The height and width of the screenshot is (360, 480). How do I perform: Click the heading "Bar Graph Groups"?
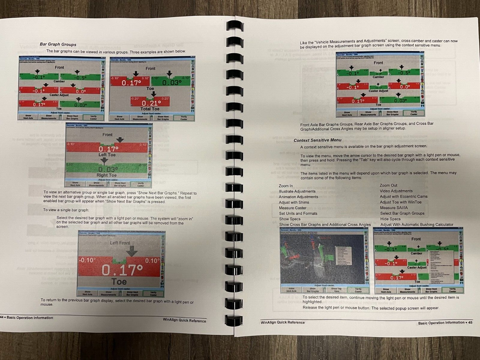58,44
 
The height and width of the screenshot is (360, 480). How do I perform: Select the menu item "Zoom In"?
287,185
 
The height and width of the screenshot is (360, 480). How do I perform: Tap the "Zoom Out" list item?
388,185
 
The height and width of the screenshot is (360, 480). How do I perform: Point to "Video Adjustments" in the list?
396,191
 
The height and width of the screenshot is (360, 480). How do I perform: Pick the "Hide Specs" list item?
390,219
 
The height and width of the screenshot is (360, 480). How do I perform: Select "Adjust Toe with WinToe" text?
401,202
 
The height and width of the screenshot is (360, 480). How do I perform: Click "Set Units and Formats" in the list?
298,213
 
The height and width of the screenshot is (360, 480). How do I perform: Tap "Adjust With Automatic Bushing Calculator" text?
416,225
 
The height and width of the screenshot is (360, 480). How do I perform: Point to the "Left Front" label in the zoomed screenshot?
120,243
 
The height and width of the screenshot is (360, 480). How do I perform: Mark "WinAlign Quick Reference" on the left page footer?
184,320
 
